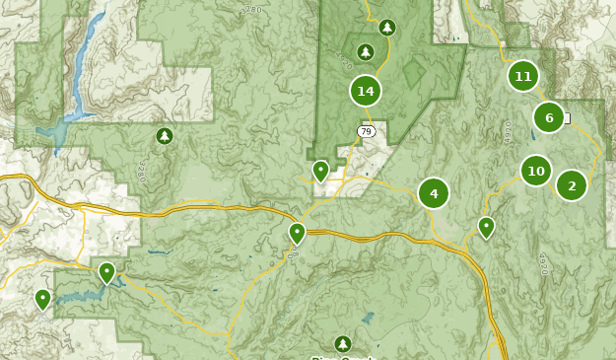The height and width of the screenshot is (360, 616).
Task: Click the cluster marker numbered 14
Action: [366, 91]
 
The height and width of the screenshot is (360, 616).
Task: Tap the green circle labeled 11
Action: [523, 76]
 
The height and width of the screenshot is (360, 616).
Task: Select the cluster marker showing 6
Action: [549, 117]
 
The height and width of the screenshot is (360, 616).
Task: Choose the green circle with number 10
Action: [536, 171]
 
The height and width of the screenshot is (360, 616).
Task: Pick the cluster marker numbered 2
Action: [572, 184]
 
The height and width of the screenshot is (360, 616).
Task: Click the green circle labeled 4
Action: [434, 193]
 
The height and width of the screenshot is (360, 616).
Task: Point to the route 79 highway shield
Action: [366, 131]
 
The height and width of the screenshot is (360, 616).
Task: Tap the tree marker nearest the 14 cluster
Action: [366, 51]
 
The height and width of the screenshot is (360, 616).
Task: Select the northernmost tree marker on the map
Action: [387, 28]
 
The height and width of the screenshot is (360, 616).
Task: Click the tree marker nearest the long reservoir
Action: [165, 135]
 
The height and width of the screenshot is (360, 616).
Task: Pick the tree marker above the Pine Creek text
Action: [342, 343]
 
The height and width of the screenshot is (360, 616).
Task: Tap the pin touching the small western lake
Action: [106, 271]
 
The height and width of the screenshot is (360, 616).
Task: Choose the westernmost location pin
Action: [42, 298]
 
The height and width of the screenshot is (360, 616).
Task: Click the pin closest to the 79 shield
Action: [320, 171]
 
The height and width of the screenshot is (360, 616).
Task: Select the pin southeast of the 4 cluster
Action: [486, 227]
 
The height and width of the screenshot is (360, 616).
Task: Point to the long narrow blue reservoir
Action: [84, 54]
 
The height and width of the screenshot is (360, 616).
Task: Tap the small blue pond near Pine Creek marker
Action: [368, 319]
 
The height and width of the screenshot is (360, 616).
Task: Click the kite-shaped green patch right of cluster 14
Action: [413, 74]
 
